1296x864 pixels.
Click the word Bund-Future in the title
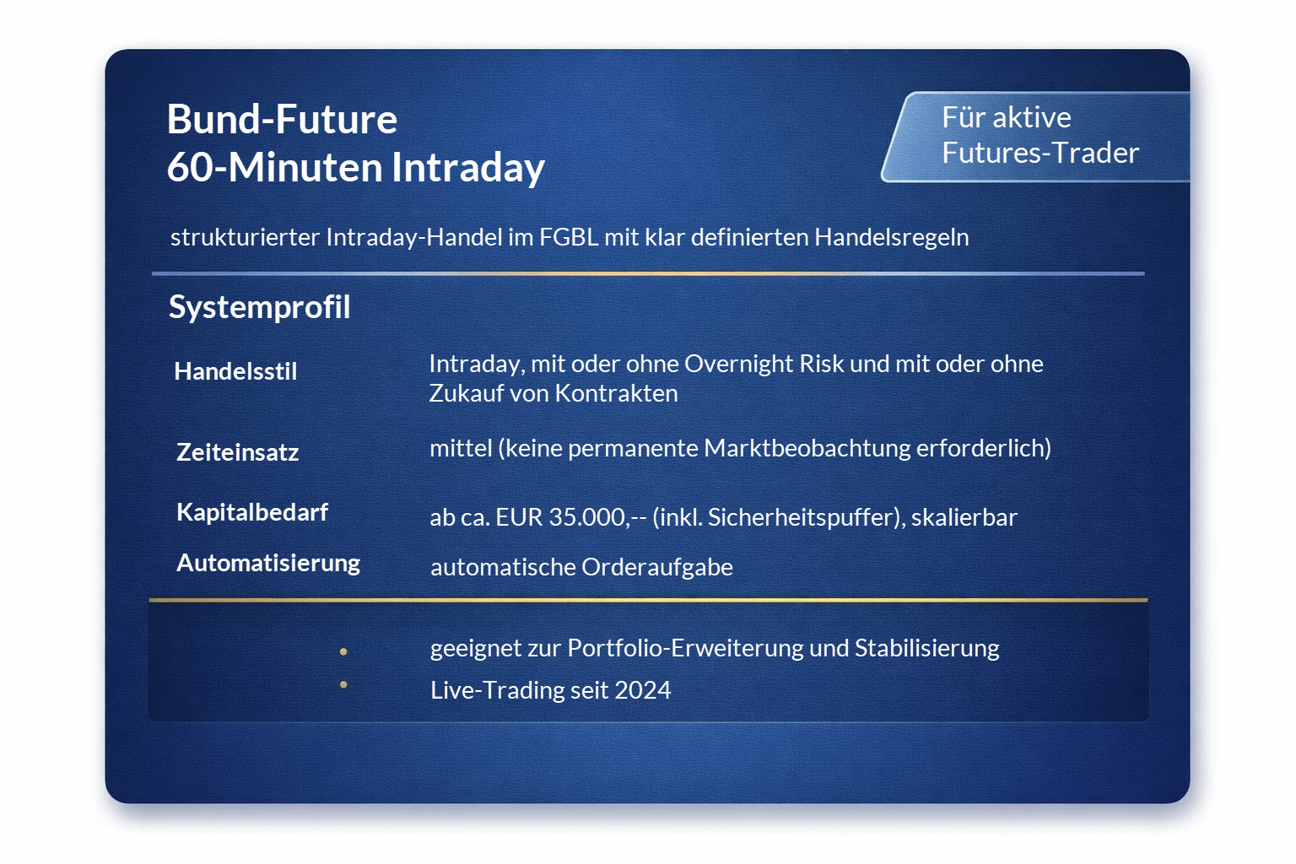tap(282, 119)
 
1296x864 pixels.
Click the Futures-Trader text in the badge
tap(1039, 153)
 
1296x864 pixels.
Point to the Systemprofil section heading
tap(259, 307)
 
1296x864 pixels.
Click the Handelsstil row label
tap(235, 371)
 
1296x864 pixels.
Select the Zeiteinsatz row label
tap(237, 452)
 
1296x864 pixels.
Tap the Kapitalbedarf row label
tap(251, 512)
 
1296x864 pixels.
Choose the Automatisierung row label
tap(267, 563)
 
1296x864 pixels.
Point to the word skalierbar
tap(964, 517)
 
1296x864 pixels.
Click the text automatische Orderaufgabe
tap(581, 567)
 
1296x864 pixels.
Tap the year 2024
tap(642, 690)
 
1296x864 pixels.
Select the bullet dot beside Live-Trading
tap(343, 684)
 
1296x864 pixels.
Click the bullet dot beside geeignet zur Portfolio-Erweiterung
tap(343, 651)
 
